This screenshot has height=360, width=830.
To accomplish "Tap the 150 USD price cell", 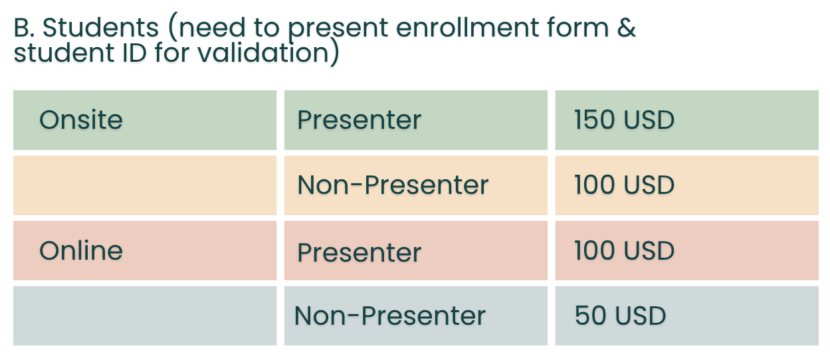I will pyautogui.click(x=686, y=120).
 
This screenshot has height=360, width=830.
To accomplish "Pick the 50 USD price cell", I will pyautogui.click(x=686, y=315).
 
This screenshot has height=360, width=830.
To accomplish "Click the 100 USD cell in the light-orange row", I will pyautogui.click(x=686, y=185).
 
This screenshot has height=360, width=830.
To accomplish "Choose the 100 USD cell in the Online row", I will pyautogui.click(x=686, y=250).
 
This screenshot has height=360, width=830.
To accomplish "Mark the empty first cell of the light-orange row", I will pyautogui.click(x=145, y=185).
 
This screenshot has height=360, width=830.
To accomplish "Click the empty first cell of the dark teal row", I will pyautogui.click(x=145, y=315).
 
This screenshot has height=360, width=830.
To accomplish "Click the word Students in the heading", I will pyautogui.click(x=101, y=28).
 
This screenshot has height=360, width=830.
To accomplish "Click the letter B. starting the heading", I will pyautogui.click(x=25, y=28).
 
